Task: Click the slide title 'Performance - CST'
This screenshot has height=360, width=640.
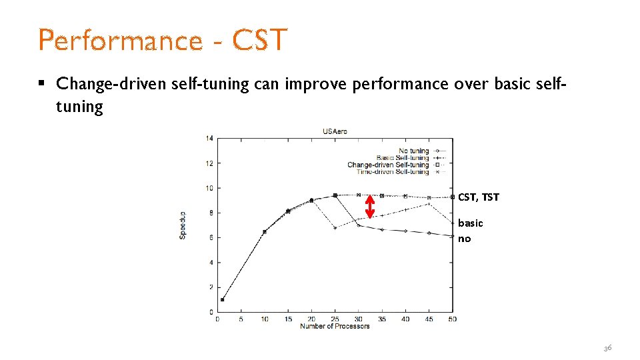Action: tap(163, 40)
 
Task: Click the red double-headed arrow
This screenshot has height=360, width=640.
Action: tap(371, 206)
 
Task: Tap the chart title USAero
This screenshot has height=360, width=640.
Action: tap(335, 131)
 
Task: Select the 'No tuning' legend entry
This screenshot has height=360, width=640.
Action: tap(413, 151)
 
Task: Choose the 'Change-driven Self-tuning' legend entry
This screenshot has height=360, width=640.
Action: tap(388, 165)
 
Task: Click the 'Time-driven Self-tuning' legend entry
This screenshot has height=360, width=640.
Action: tap(393, 172)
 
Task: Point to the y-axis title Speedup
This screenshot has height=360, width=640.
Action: tap(183, 225)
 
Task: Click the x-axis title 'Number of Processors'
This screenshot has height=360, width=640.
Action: tap(335, 326)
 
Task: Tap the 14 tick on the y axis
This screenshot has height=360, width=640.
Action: tap(209, 139)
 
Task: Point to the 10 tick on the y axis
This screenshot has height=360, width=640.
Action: tap(209, 188)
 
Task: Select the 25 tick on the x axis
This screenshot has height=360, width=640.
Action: tap(335, 319)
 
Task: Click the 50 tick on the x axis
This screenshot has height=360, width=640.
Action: tap(452, 319)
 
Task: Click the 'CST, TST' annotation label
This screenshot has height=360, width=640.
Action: tap(478, 197)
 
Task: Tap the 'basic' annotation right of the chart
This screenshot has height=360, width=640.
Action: tap(471, 223)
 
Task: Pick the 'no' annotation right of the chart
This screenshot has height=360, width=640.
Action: tap(464, 239)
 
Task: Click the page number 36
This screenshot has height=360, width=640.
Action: tap(607, 348)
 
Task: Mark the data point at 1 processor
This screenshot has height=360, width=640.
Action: tap(222, 299)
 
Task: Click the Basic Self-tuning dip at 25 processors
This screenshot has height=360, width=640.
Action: tap(335, 228)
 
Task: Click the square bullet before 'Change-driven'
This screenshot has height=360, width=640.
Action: tap(41, 83)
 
